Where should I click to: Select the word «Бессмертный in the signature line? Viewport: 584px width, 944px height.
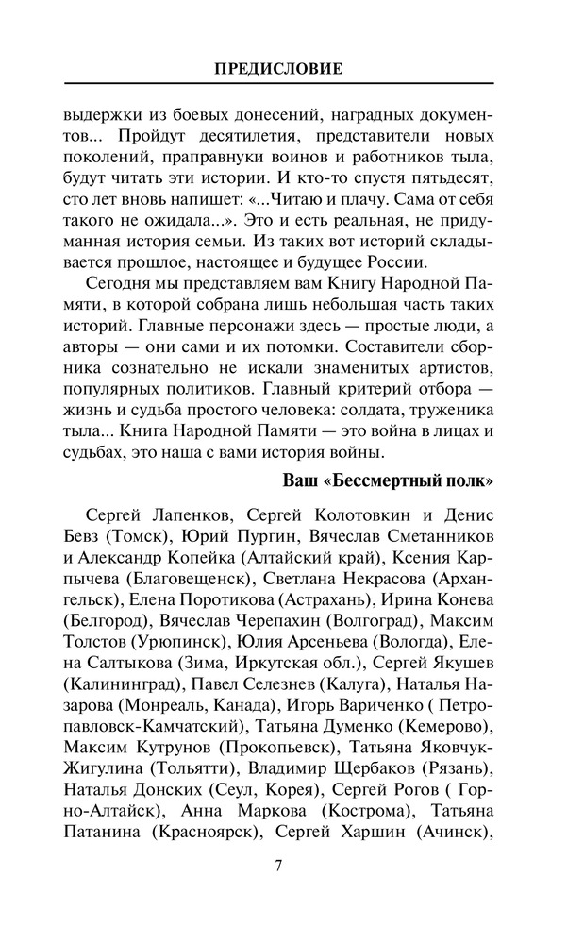coord(386,479)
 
